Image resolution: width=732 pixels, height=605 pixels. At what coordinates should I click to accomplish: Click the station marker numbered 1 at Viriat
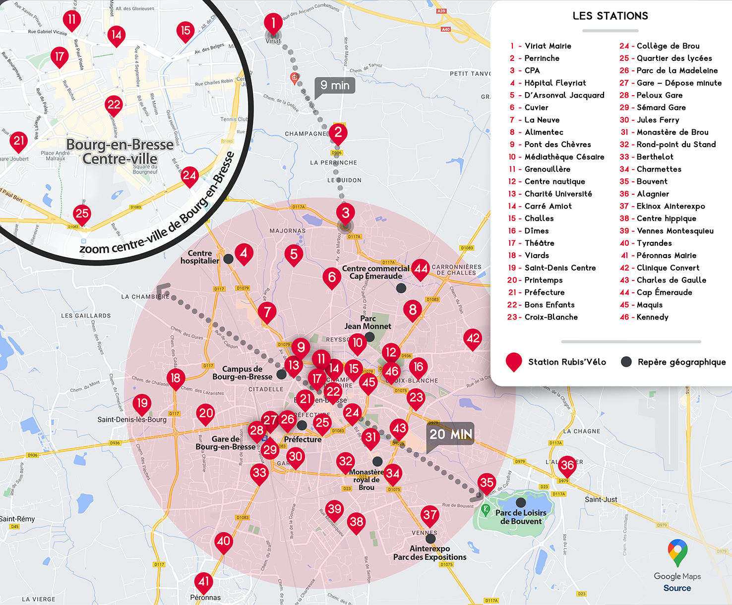pos(273,23)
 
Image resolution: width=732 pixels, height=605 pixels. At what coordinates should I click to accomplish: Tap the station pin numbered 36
pos(567,465)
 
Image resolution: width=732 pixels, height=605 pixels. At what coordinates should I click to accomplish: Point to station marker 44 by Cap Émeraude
pos(421,269)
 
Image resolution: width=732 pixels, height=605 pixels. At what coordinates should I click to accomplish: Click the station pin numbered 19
pos(142,402)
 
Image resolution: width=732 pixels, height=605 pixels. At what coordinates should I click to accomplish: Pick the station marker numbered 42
pos(473,338)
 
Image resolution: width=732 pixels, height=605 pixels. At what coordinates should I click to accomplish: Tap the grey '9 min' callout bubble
pos(335,86)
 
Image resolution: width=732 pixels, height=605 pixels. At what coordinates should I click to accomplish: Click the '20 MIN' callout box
pos(450,434)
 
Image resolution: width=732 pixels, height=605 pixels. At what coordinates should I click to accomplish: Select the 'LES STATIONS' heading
pos(610,16)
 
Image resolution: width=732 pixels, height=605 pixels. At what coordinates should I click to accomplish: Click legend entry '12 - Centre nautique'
pos(547,181)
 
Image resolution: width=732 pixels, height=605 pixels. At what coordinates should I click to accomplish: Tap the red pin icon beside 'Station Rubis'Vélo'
pos(514,361)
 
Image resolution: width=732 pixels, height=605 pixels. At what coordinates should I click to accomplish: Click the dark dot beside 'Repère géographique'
pos(626,362)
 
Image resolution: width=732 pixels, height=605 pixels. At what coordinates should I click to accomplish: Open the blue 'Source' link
pos(677,588)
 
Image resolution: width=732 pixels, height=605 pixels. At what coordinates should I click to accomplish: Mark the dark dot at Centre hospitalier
pos(228,259)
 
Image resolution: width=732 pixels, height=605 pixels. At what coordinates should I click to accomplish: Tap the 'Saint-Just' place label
pos(601,499)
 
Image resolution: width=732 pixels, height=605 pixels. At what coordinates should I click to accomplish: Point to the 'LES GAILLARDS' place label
pos(86,316)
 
